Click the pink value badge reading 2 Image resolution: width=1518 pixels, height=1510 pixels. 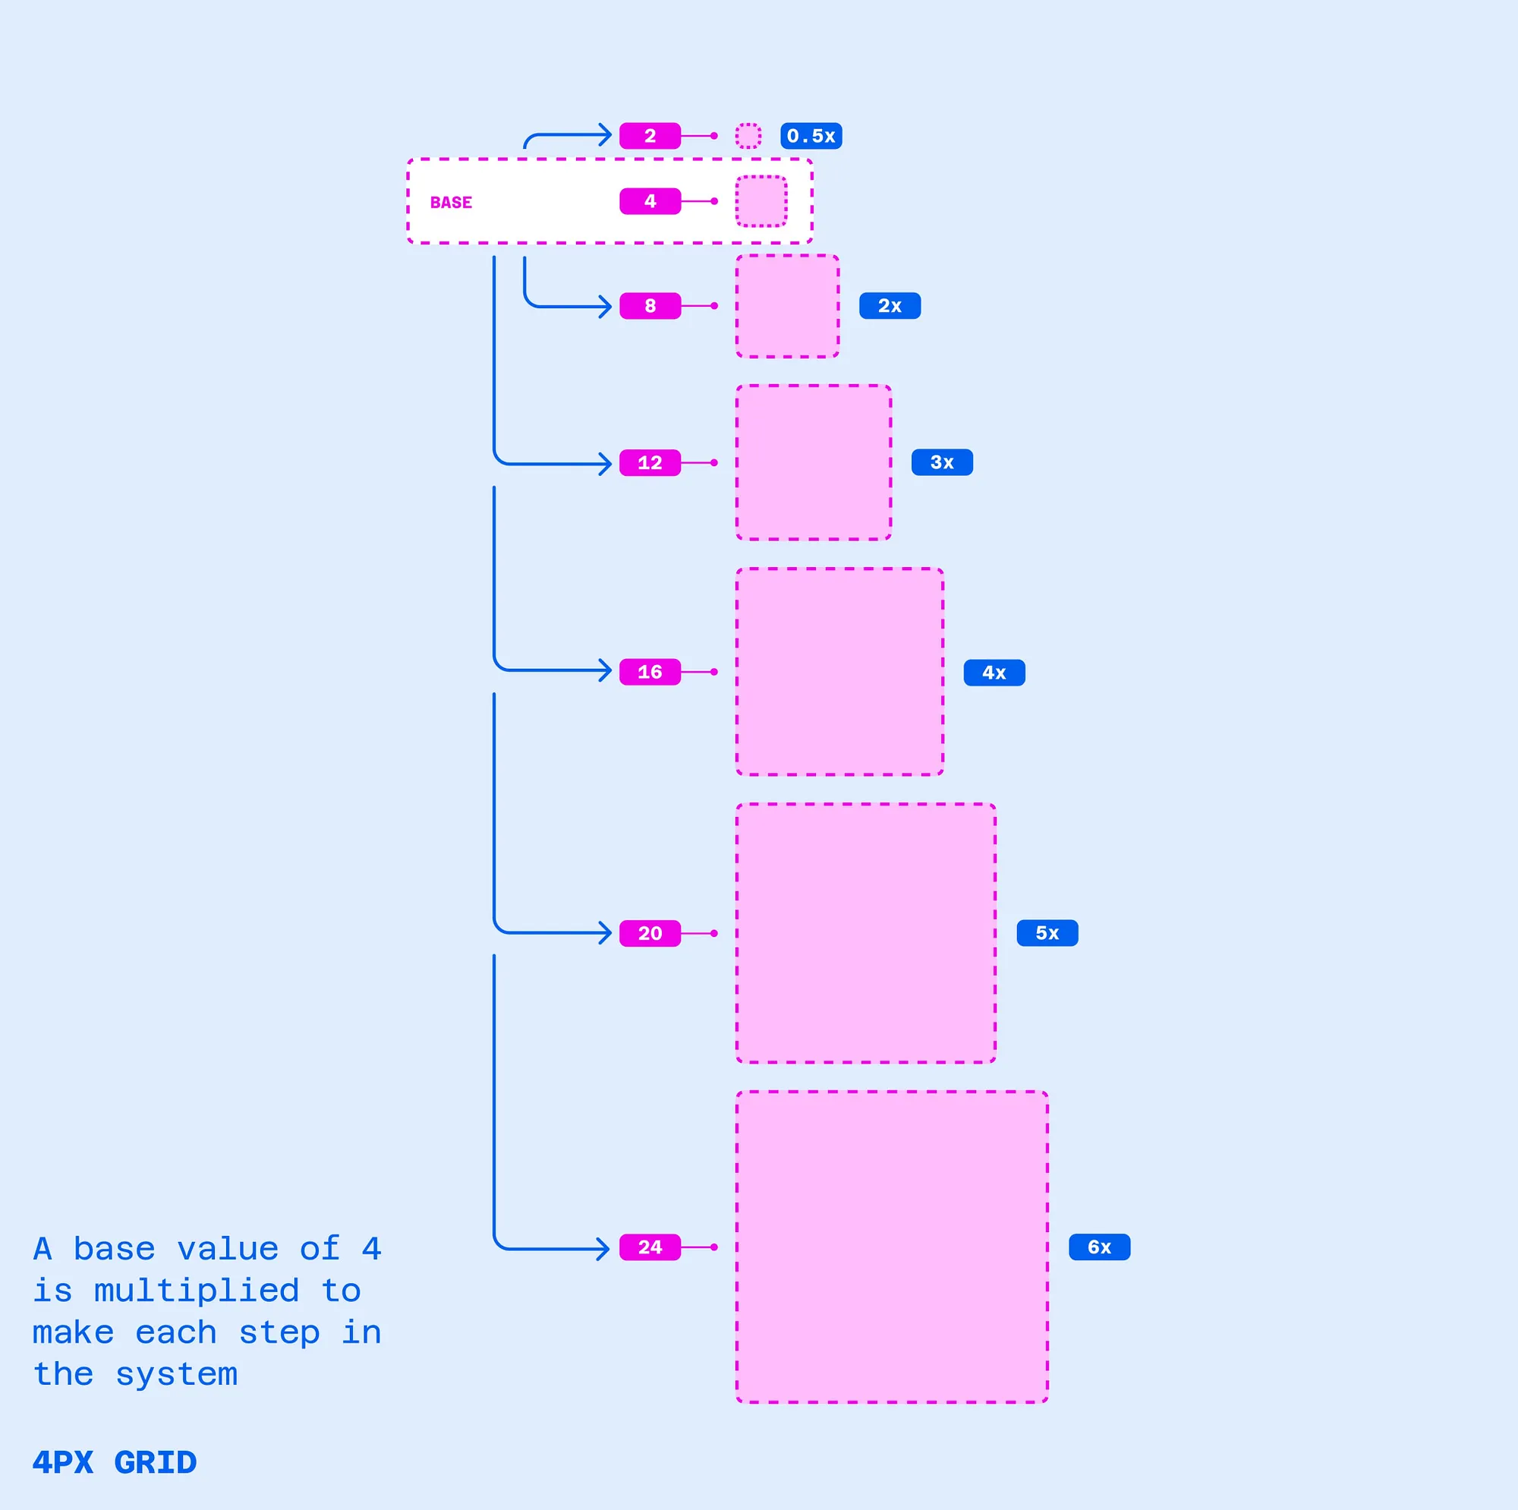coord(650,136)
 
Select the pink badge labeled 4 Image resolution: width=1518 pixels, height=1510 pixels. coord(650,201)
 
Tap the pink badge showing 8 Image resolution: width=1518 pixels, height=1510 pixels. coord(650,306)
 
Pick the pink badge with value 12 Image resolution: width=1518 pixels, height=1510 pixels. coord(650,462)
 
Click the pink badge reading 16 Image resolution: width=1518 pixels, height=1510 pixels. coord(650,672)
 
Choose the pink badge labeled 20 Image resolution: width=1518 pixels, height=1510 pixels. coord(650,933)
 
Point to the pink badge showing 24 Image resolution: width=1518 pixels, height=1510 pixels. coord(650,1247)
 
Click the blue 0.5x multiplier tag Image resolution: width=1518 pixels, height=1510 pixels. coord(811,136)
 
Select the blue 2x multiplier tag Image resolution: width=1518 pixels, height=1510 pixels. coord(890,306)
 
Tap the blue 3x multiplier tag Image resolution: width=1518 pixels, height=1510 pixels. coord(941,462)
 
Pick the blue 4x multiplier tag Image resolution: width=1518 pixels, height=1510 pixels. coord(994,673)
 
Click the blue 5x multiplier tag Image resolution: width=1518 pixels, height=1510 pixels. coord(1047,933)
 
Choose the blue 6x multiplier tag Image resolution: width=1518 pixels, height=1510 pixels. coord(1099,1247)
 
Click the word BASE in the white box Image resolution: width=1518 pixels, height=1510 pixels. coord(451,203)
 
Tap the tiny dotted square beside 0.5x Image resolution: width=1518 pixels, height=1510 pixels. coord(748,136)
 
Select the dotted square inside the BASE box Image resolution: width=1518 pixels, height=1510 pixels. coord(761,201)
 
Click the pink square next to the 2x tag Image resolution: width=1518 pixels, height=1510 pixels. coord(787,306)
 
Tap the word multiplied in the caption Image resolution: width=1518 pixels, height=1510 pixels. coord(197,1291)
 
